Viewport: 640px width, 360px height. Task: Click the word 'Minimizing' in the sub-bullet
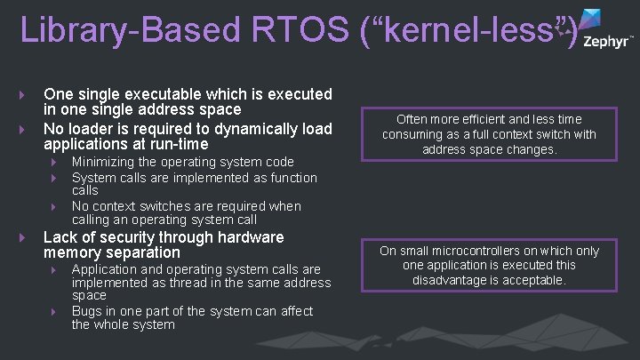[x=106, y=162]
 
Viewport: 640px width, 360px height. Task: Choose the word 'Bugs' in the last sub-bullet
[x=88, y=310]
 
